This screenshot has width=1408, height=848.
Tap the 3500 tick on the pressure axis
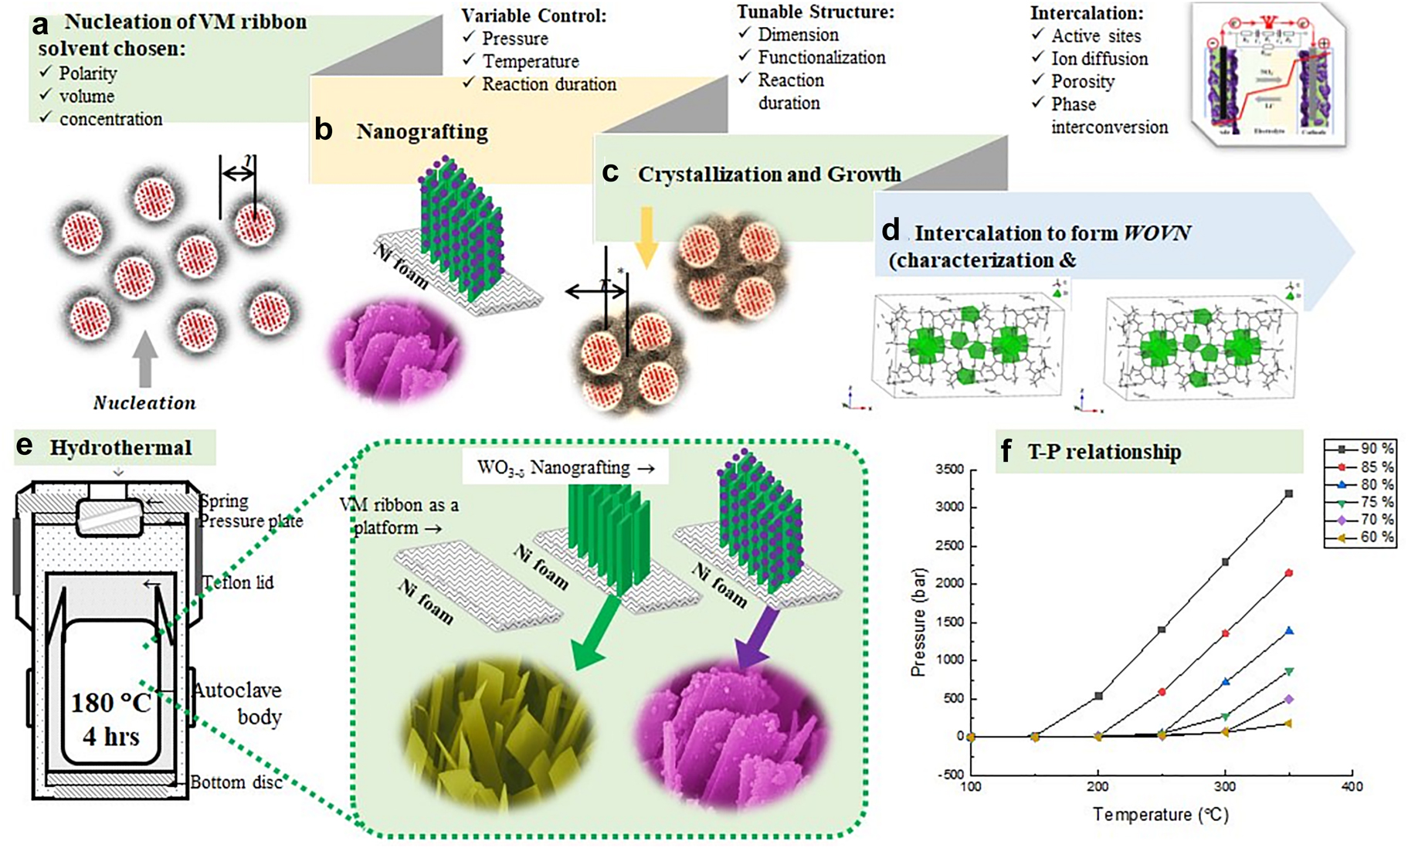click(949, 470)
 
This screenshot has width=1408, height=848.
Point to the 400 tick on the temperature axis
click(1352, 786)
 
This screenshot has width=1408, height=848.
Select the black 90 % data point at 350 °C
click(1288, 494)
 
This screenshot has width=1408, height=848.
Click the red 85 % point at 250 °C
click(1162, 692)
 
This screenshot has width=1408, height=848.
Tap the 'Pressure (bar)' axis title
click(918, 622)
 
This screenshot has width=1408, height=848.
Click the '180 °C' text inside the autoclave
click(111, 702)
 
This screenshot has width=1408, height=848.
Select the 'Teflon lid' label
click(238, 582)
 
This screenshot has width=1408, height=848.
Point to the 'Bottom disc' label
click(236, 782)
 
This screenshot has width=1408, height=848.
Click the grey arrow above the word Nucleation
click(144, 358)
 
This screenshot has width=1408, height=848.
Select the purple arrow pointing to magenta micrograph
click(758, 638)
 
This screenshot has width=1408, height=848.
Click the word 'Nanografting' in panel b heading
click(422, 132)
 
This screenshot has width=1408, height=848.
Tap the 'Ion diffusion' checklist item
click(1099, 59)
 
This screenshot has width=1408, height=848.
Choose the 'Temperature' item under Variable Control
click(531, 61)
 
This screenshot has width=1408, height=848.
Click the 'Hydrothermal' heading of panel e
click(120, 448)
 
